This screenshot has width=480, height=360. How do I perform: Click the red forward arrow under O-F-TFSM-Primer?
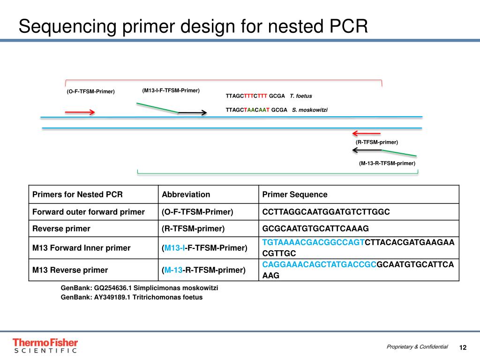coord(80,112)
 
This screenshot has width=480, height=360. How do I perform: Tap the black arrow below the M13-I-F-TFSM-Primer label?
coord(193,112)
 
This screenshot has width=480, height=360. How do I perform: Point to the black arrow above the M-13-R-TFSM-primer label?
coord(367,150)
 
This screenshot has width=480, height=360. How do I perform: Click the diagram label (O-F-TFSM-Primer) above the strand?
coord(90,91)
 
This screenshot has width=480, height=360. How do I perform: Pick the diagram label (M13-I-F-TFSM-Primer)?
coord(171,90)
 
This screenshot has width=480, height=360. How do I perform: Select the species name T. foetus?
coord(301,96)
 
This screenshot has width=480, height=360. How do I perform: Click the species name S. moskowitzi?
coord(310,110)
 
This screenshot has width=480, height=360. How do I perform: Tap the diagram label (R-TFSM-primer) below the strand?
coord(377,142)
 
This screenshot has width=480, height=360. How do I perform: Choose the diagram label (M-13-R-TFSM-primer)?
coord(387,163)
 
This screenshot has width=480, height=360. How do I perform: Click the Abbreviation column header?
coord(186,195)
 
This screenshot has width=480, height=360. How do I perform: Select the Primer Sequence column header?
coord(295,195)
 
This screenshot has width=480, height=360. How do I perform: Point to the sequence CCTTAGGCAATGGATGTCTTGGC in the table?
coord(326,212)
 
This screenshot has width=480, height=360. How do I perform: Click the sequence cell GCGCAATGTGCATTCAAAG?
coord(315,229)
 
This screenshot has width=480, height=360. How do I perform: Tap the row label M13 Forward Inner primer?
coord(81,247)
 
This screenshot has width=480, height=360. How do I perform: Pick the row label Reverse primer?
coord(61,229)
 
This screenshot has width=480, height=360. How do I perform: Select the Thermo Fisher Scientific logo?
coord(45,345)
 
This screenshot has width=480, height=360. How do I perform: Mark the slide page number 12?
coord(463,347)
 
